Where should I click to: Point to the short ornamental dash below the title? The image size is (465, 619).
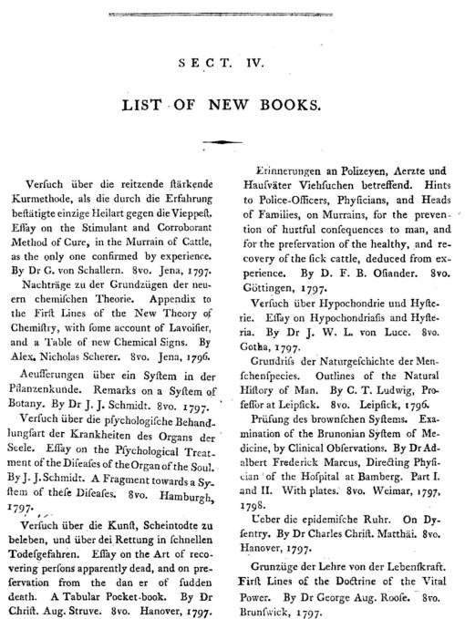[x=232, y=141]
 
